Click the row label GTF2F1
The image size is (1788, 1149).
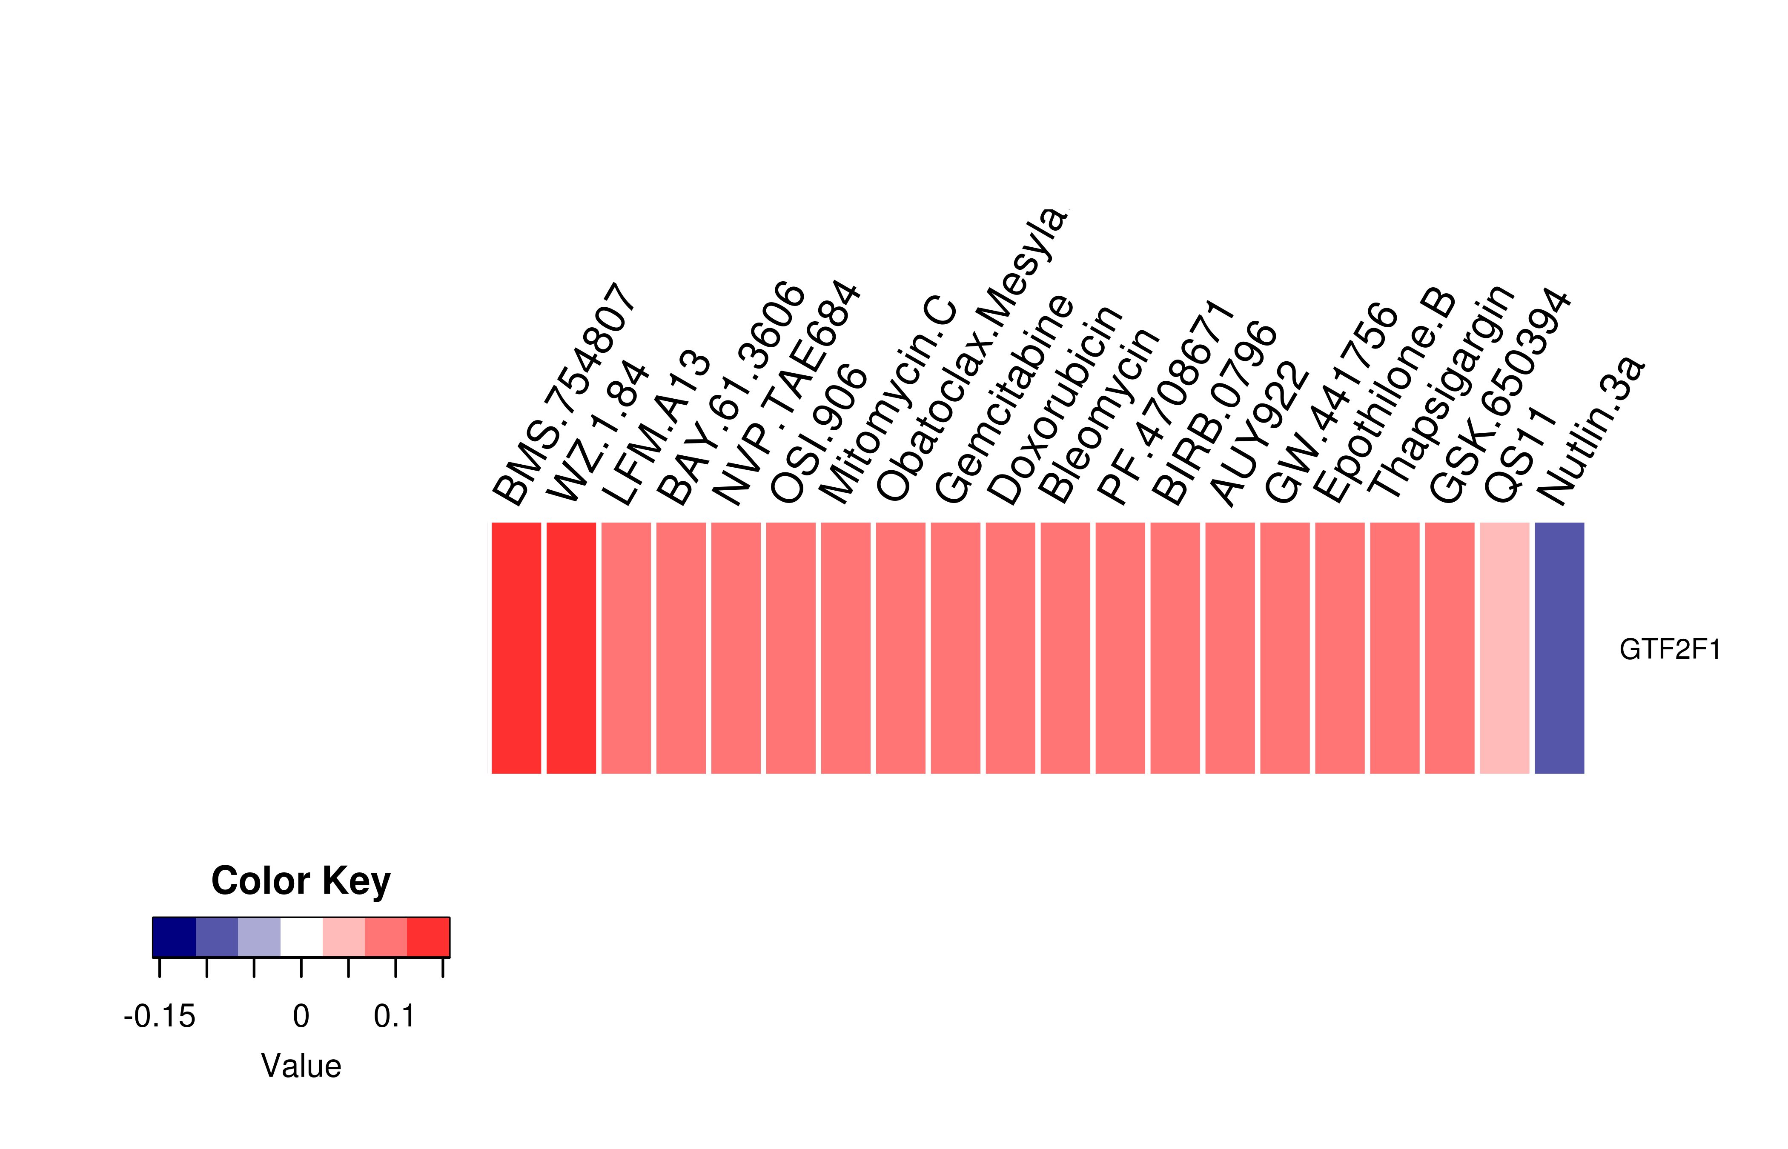[x=1669, y=650]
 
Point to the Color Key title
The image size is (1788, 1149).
[x=301, y=881]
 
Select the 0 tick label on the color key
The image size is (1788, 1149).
[x=301, y=1016]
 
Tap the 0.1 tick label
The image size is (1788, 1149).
[x=394, y=1016]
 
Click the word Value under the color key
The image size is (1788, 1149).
[x=301, y=1066]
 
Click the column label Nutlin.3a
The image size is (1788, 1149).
[x=1590, y=431]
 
